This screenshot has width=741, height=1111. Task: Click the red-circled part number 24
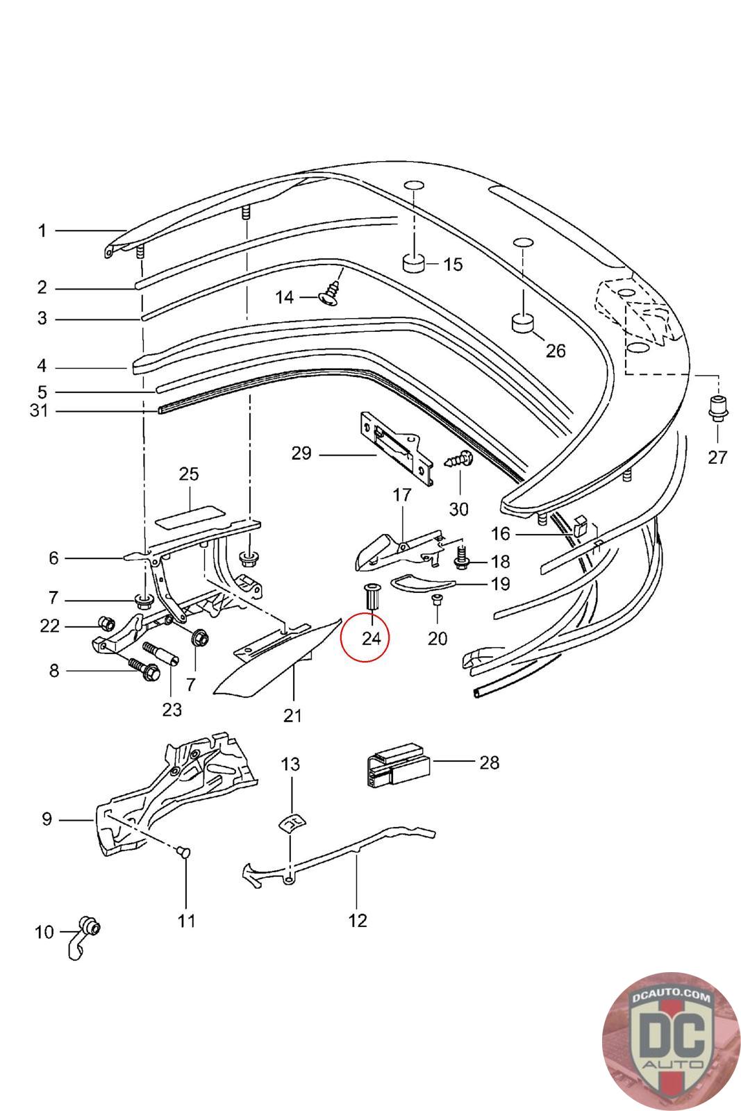372,637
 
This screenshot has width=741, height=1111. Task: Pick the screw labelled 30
459,460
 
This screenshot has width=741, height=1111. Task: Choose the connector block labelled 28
398,765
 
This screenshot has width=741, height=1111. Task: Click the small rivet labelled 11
185,851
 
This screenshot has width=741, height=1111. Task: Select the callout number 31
39,410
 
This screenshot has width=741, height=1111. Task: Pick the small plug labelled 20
437,601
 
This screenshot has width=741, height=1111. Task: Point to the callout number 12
357,921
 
